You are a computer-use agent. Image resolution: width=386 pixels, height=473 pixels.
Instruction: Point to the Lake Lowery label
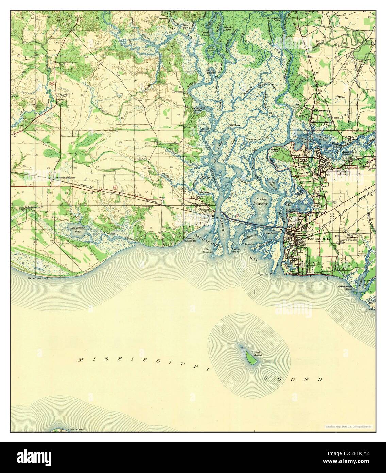261,201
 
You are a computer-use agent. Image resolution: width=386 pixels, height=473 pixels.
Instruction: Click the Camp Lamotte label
189,239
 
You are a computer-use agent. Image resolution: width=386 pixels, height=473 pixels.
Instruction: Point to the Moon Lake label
212,50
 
